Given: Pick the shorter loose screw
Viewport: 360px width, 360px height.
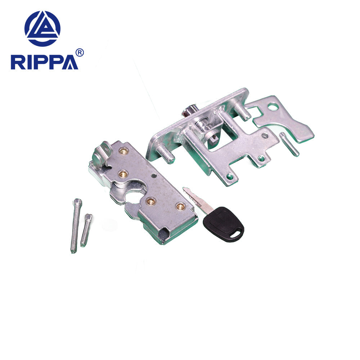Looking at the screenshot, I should click(x=86, y=230).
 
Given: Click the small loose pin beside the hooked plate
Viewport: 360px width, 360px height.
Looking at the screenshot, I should click(x=289, y=144).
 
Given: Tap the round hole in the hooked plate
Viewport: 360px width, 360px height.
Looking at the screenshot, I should click(x=273, y=107).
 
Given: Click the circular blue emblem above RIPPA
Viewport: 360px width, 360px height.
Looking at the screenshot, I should click(x=42, y=28).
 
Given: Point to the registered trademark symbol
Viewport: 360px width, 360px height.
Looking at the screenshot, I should click(x=80, y=53).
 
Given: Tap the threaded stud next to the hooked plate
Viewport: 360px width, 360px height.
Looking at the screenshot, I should click(x=242, y=111).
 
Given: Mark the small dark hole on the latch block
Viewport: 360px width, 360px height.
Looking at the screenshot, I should click(x=154, y=176).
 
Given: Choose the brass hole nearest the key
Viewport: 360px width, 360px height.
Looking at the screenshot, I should click(x=180, y=206).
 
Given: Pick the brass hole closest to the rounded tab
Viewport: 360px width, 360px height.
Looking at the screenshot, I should click(x=123, y=151).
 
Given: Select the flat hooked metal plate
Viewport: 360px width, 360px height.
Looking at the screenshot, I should click(x=284, y=119).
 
